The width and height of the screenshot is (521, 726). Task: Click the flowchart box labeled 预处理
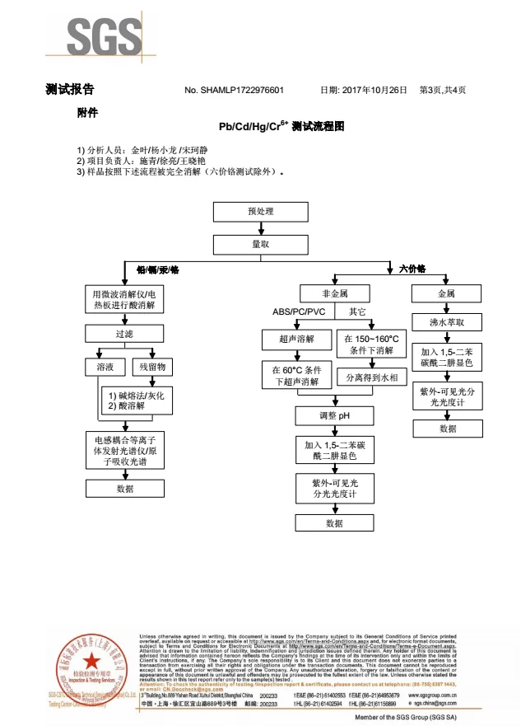[x=260, y=212]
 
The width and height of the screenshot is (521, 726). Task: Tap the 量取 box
[x=260, y=245]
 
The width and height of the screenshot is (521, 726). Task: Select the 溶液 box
[x=104, y=366]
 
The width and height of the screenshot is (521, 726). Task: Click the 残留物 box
[x=152, y=366]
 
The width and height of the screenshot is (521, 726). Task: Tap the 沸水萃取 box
[x=446, y=323]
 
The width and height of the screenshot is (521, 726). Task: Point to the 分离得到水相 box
[x=371, y=377]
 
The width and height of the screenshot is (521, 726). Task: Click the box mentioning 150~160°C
[x=371, y=344]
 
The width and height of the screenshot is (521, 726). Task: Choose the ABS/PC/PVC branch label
[x=298, y=312]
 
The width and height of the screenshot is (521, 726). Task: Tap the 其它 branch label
[x=358, y=312]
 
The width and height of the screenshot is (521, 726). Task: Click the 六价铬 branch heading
[x=412, y=269]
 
